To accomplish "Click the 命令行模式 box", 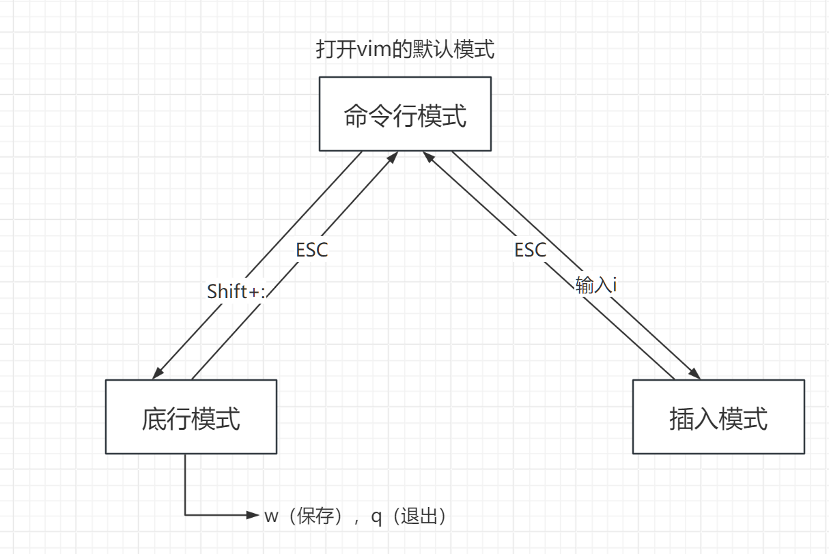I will [x=405, y=114].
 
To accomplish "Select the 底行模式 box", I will [x=191, y=417].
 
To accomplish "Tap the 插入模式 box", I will [x=718, y=417].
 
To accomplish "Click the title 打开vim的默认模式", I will [x=405, y=50].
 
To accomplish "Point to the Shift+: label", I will [x=236, y=292].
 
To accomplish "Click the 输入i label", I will [x=596, y=285].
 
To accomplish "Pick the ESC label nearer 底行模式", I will [x=311, y=250].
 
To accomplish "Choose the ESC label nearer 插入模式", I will [x=531, y=250].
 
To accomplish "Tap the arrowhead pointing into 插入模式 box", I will [x=695, y=374].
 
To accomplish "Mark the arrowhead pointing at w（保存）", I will [x=254, y=515].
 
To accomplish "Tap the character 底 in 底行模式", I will [x=154, y=418].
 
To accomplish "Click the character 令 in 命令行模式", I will [x=380, y=115].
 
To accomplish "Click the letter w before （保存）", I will [x=272, y=516].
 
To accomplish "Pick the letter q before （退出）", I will [x=376, y=517].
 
